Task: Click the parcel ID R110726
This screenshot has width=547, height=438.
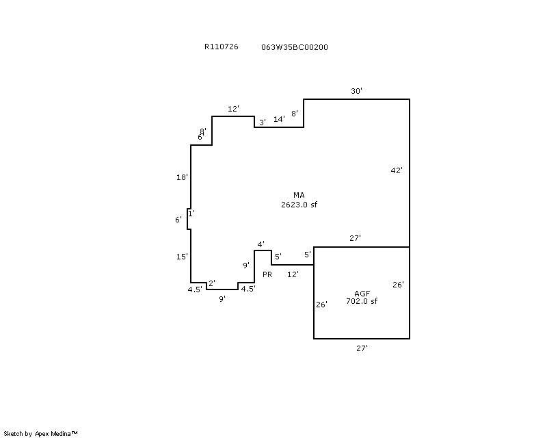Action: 221,47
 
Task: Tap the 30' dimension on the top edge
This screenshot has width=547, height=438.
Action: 356,91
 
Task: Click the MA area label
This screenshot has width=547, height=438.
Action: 299,196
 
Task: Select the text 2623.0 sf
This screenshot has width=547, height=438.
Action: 299,205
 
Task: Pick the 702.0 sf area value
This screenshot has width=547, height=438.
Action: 362,301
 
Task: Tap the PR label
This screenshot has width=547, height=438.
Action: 267,274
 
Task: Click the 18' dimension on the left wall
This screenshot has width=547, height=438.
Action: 182,178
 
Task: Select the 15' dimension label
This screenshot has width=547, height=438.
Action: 182,257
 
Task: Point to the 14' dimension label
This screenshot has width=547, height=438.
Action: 279,119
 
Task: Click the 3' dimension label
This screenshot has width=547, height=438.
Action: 262,122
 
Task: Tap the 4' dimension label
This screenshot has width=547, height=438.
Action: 261,244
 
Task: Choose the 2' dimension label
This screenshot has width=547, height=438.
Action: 211,283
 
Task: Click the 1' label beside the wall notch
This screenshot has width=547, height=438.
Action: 191,214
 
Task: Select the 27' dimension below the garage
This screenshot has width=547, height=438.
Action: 362,348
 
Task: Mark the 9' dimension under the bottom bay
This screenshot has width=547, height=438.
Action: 222,299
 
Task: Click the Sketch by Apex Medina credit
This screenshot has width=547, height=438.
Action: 41,433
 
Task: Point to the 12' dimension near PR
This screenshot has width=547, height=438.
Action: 293,274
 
